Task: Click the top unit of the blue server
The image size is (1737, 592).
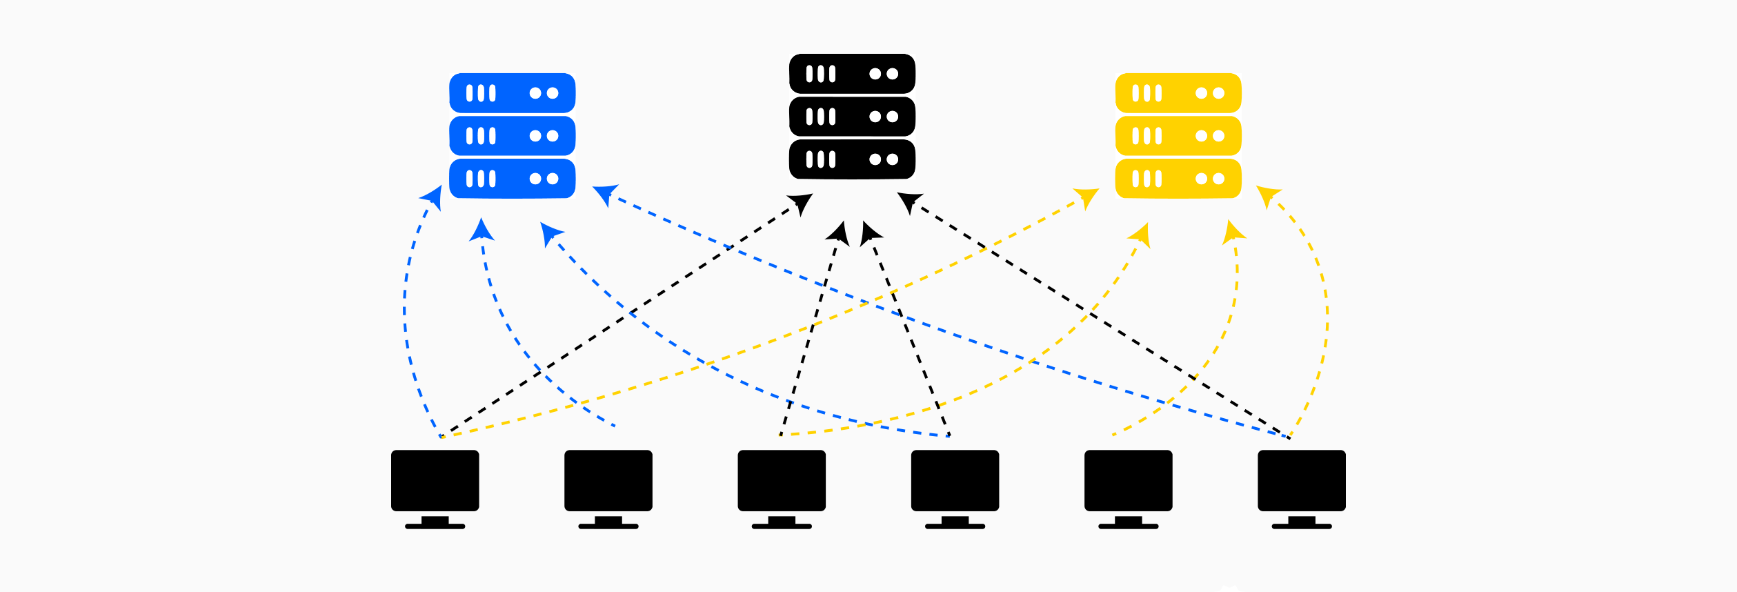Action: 512,93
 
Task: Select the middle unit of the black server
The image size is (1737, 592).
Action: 852,117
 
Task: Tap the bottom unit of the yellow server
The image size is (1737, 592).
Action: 1178,179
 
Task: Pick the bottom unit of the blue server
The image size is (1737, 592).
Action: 512,179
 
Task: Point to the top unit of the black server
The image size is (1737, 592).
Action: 852,74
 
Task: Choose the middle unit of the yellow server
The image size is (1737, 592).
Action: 1178,136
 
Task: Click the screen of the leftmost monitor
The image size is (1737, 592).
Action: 435,480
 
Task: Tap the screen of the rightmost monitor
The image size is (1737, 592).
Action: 1301,480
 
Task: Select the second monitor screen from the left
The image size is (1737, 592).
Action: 608,480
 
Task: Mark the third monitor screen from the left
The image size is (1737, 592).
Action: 782,480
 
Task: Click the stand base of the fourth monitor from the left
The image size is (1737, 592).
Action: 955,526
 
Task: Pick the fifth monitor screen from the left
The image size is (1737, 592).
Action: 1128,480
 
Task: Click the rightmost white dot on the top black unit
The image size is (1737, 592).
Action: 893,74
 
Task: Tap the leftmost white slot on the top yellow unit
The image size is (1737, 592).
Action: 1135,93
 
